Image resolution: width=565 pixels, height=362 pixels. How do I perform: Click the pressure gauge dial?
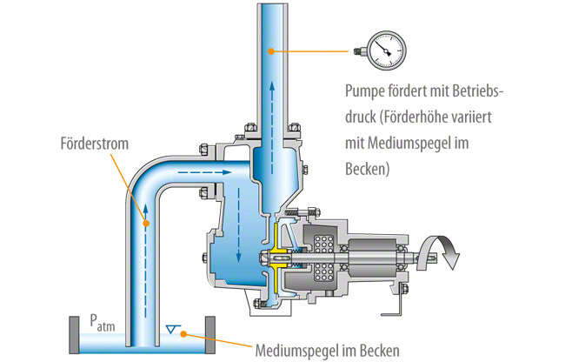point(383,50)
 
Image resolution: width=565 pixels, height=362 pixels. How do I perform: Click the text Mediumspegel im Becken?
point(328,352)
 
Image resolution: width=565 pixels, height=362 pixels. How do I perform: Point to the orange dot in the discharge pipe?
point(272,51)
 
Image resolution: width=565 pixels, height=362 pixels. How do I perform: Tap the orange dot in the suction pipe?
point(145,224)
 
